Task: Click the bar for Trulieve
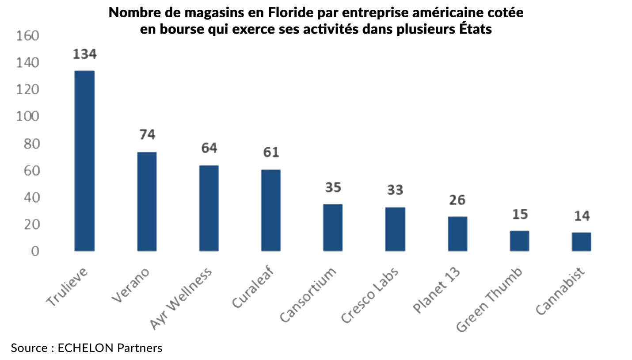click(x=84, y=161)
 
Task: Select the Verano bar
click(x=147, y=202)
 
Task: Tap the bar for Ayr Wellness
click(x=209, y=208)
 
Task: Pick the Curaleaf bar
click(x=271, y=211)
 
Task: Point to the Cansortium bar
click(x=333, y=228)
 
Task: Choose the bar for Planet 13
click(x=457, y=234)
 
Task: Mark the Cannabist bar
click(x=581, y=242)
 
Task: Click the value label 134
click(x=84, y=54)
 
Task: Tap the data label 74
click(x=147, y=135)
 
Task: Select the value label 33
click(x=395, y=190)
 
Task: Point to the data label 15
click(x=520, y=214)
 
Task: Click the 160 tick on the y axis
click(x=27, y=36)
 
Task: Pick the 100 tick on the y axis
click(x=27, y=117)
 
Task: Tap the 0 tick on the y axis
click(x=34, y=251)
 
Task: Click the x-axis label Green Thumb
click(x=490, y=300)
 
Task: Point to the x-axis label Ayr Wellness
click(x=181, y=299)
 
